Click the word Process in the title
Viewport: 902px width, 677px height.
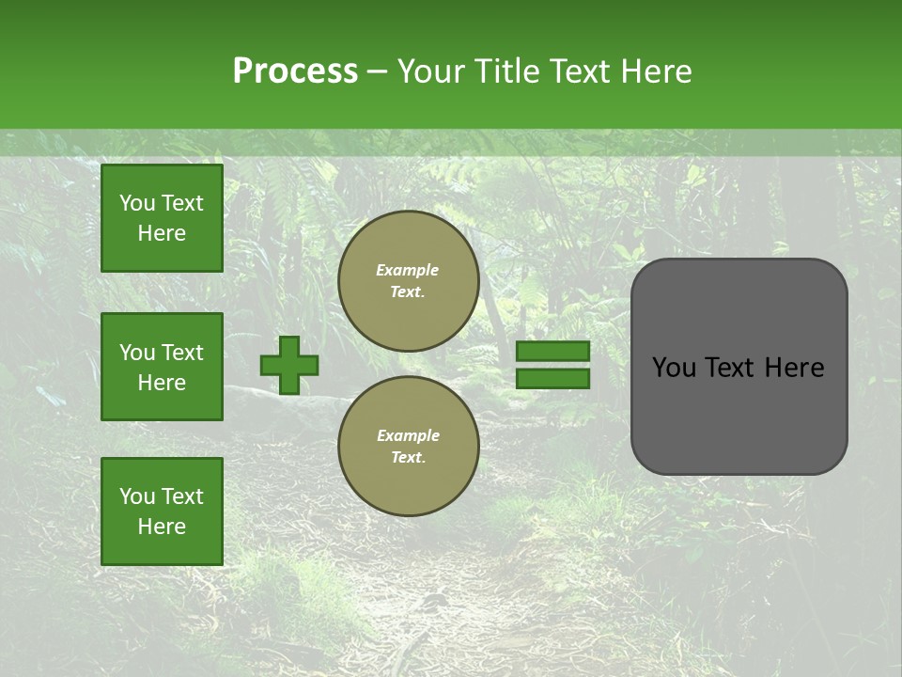coord(295,71)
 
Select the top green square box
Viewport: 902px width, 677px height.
coord(162,218)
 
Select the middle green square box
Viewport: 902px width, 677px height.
coord(162,367)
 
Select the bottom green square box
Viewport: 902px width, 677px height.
coord(162,512)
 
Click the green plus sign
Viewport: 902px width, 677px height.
coord(289,365)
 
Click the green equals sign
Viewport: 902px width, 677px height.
coord(553,365)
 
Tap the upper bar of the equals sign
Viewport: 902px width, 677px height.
coord(553,352)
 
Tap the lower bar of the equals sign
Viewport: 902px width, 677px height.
coord(553,378)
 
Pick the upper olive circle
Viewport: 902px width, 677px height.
coord(409,280)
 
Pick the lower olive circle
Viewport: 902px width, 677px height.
coord(409,446)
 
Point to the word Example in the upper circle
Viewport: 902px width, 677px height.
coord(407,270)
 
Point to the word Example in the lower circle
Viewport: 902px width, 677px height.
coord(408,435)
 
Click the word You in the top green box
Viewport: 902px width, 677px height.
coord(137,203)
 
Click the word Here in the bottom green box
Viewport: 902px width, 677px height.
coord(162,527)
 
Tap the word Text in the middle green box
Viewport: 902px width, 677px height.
coord(183,353)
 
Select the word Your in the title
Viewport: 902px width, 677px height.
coord(428,71)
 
